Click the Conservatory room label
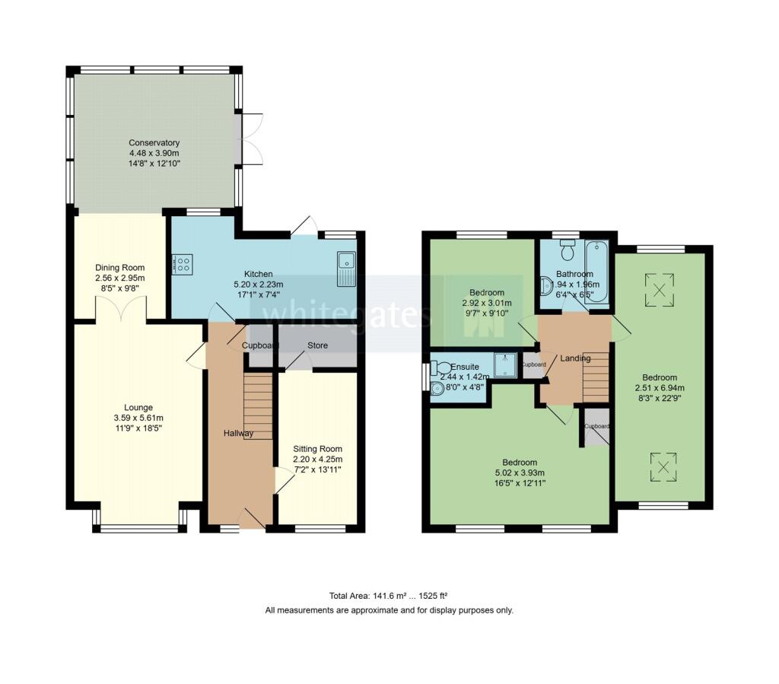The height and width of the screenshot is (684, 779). pyautogui.click(x=154, y=142)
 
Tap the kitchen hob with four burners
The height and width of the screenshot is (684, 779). pyautogui.click(x=182, y=265)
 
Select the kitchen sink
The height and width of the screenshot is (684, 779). pyautogui.click(x=346, y=269)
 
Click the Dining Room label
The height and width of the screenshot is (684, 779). pyautogui.click(x=119, y=268)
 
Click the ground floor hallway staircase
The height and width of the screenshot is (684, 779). pyautogui.click(x=258, y=395)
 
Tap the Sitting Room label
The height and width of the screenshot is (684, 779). pyautogui.click(x=318, y=449)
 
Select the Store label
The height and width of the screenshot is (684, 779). pyautogui.click(x=317, y=345)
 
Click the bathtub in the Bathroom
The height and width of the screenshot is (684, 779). pyautogui.click(x=597, y=272)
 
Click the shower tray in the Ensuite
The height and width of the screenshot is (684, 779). pyautogui.click(x=504, y=365)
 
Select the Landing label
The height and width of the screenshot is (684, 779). pyautogui.click(x=575, y=358)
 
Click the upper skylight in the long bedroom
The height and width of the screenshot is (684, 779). pyautogui.click(x=660, y=288)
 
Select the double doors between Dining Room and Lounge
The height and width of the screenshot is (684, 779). pyautogui.click(x=120, y=308)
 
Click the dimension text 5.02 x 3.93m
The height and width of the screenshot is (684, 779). pyautogui.click(x=520, y=472)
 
